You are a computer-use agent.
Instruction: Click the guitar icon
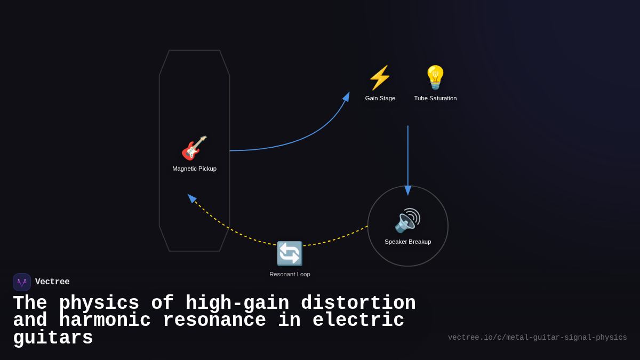[194, 148]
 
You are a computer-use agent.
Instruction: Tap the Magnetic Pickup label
[194, 169]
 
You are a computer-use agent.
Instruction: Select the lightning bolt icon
[380, 78]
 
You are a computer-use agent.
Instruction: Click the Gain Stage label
[380, 98]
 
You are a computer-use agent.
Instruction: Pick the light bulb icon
[435, 78]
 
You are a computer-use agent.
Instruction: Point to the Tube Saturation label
[435, 98]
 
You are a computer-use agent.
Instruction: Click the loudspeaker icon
[407, 220]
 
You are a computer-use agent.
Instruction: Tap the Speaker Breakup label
[408, 242]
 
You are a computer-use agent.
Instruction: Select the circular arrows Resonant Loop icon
[290, 253]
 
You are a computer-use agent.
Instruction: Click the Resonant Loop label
[290, 274]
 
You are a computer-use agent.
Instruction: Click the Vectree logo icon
[22, 282]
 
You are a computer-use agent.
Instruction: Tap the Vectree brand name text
[52, 282]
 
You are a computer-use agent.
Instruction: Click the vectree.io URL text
[537, 338]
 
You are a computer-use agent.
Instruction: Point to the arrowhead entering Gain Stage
[347, 97]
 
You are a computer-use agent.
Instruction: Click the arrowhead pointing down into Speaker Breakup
[408, 190]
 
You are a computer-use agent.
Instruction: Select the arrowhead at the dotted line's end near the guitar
[191, 197]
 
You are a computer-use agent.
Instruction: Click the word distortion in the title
[358, 303]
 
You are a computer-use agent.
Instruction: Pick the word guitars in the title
[53, 338]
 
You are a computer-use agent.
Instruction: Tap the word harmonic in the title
[105, 321]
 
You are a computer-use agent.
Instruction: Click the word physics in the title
[99, 303]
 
